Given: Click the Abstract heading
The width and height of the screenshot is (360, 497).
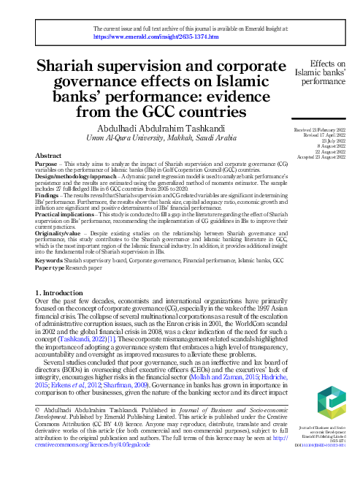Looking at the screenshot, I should click(x=49, y=156).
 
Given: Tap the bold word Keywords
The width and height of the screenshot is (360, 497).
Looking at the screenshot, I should click(x=51, y=259).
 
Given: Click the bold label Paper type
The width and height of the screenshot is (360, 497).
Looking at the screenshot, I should click(x=53, y=266).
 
